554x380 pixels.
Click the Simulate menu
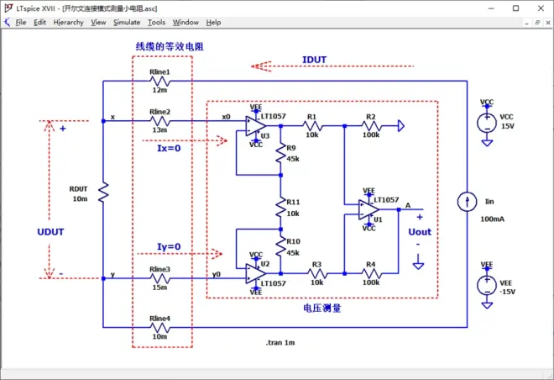click(x=127, y=22)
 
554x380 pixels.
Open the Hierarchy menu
click(x=68, y=22)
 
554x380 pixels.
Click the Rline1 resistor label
click(x=159, y=72)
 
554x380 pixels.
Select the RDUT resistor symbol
click(x=102, y=194)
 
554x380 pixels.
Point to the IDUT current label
click(x=316, y=59)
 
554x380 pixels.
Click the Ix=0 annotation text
click(x=170, y=148)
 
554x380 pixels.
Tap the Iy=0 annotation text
click(x=170, y=245)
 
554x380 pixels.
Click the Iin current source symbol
click(x=463, y=202)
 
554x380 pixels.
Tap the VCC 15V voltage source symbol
click(x=486, y=123)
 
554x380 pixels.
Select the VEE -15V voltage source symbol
click(x=486, y=286)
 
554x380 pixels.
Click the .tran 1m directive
click(x=280, y=343)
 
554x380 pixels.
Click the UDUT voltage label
click(x=51, y=230)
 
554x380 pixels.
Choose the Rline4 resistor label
click(x=159, y=318)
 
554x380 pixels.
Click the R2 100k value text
click(x=370, y=134)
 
